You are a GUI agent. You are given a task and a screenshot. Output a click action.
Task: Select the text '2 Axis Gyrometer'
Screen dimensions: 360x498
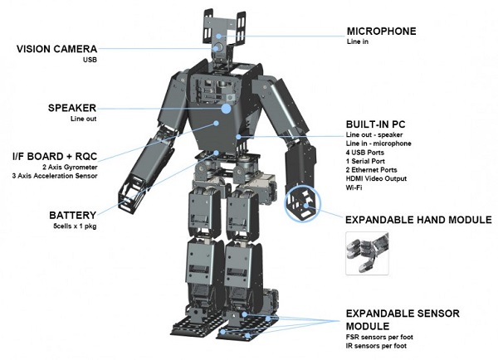(x=69, y=166)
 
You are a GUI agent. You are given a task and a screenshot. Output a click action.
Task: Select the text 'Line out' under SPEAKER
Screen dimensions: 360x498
(x=84, y=120)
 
